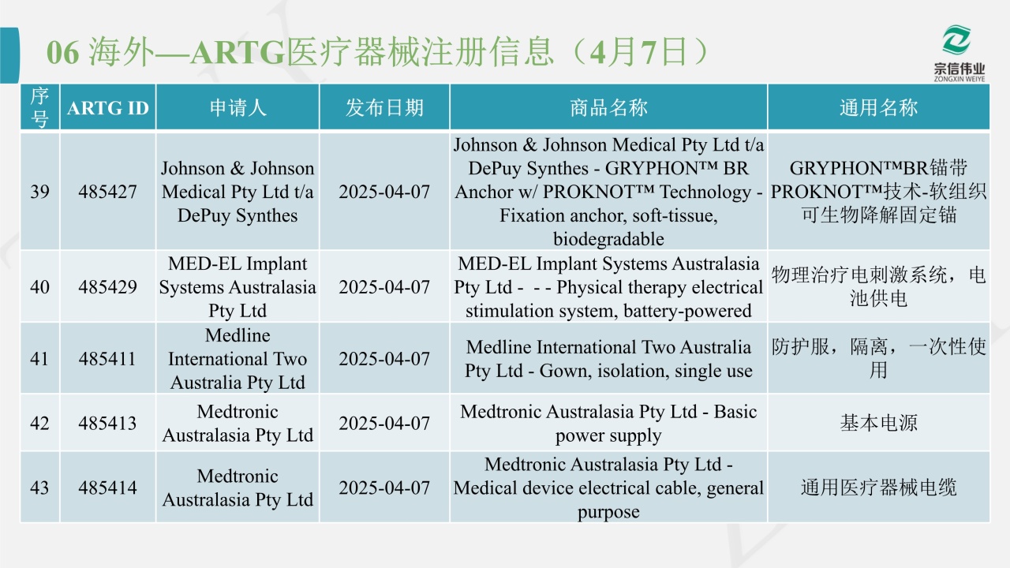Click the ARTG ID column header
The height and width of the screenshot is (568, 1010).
coord(108,108)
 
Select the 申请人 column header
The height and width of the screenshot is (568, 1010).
coord(238,108)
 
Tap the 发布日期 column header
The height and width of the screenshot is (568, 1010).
coord(384,108)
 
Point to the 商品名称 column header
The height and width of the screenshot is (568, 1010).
coord(608,108)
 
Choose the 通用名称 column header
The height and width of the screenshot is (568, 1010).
coord(878,108)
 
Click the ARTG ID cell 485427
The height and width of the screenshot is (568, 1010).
coord(107,192)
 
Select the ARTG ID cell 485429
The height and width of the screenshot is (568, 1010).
coord(107,286)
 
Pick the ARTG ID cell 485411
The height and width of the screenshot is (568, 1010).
coord(107,359)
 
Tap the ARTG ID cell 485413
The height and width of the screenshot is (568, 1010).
coord(107,424)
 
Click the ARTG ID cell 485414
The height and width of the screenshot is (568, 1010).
coord(107,488)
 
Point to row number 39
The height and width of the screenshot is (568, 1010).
coord(39,192)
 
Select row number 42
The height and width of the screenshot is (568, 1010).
coord(39,424)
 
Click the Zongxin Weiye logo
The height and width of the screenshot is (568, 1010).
coord(959,53)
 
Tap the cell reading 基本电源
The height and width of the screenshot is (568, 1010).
coord(878,424)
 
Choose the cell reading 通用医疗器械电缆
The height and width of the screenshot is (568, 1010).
coord(878,488)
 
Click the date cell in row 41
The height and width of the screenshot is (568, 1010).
coord(384,359)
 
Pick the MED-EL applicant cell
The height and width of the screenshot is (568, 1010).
coord(238,286)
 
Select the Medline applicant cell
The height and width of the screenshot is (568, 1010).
coord(238,359)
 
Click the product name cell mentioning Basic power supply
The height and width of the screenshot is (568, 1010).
coord(608,424)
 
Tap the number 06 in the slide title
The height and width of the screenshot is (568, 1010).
coord(62,53)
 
